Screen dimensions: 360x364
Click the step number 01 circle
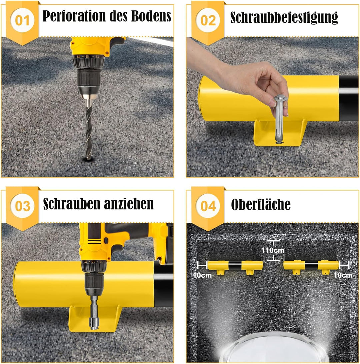click(22, 20)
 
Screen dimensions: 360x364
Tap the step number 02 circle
click(208, 20)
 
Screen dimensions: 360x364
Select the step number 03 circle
click(22, 206)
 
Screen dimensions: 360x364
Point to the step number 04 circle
click(208, 206)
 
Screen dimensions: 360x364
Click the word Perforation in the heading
click(74, 16)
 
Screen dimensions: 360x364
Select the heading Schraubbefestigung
click(284, 17)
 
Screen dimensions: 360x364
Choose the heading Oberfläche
click(261, 204)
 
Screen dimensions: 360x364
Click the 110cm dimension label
click(273, 250)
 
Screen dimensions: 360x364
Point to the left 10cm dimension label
click(202, 275)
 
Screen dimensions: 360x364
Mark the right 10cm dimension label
click(343, 275)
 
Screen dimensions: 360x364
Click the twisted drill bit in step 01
click(89, 129)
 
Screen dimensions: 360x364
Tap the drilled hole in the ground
click(88, 159)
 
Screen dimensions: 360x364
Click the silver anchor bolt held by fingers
click(279, 118)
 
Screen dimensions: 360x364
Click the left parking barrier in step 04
click(235, 267)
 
